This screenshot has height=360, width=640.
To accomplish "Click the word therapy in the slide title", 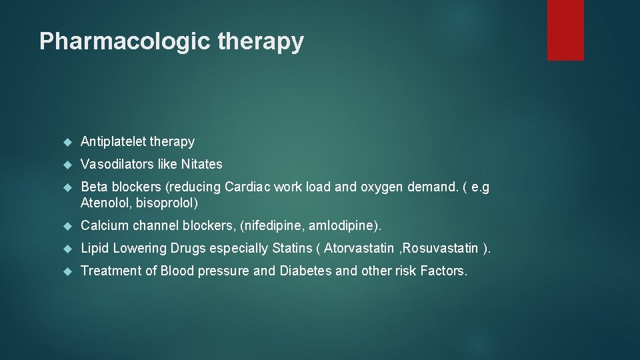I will click(x=261, y=41).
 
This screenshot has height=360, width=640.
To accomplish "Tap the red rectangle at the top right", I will click(x=565, y=30).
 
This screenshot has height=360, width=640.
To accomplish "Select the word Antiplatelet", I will click(x=113, y=141).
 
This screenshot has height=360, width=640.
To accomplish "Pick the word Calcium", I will click(x=103, y=225).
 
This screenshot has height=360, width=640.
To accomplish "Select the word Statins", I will click(x=293, y=248).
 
